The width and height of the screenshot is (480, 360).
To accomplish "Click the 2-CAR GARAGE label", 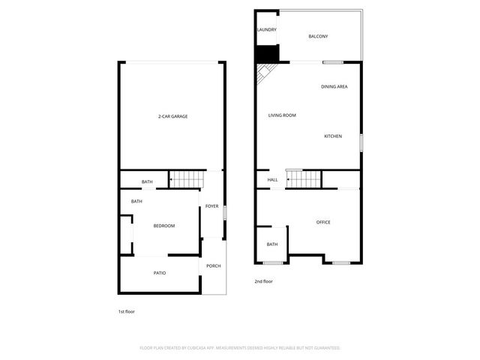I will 172,116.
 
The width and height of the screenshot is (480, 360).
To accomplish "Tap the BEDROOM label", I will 164,226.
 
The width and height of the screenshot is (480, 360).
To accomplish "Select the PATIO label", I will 160,273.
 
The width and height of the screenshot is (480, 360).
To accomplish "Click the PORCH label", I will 214,266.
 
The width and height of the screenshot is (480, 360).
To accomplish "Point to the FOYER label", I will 212,206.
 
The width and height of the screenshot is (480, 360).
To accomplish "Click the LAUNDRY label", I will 267,30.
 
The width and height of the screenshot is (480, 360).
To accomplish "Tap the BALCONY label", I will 318,36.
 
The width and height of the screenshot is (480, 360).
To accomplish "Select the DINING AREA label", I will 334,87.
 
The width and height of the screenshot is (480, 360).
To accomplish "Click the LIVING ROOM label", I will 283,115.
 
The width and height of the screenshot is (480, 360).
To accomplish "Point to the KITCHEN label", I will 333,136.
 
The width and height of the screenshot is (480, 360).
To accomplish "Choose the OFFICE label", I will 323,222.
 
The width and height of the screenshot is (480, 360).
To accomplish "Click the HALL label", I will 273,180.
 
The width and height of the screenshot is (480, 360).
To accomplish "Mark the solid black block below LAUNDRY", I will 266,54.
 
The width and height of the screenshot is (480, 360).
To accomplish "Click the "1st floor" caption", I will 126,311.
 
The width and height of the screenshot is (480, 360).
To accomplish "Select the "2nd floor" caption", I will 263,281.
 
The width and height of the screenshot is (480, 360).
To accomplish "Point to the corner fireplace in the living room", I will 265,73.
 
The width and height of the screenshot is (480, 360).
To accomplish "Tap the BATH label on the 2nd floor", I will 272,244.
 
